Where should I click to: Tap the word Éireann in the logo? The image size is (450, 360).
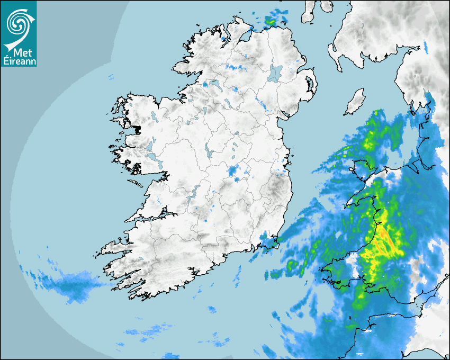[x=19, y=61]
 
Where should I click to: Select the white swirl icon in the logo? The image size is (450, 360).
[x=18, y=23]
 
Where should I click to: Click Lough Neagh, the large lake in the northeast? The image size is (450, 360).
[x=275, y=73]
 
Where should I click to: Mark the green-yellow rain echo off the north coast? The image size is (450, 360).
[x=271, y=22]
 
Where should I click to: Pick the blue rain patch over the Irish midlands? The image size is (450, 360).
[x=233, y=171]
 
